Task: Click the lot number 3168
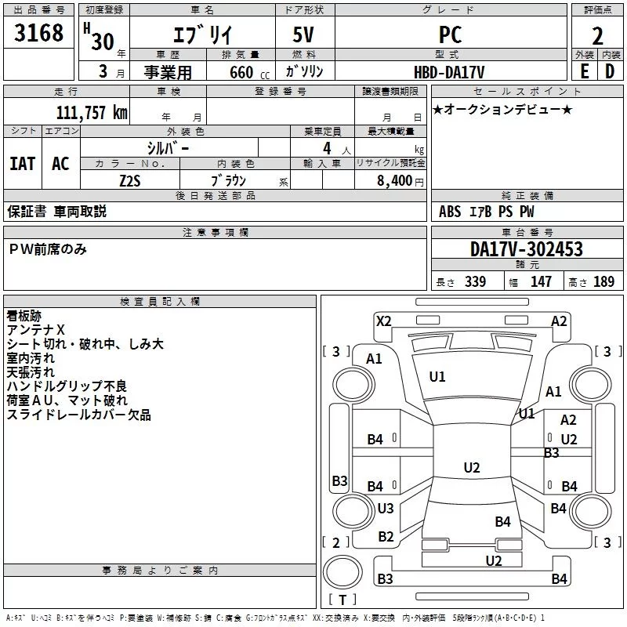(39, 34)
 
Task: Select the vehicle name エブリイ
(200, 35)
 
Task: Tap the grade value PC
(450, 34)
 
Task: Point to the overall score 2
(597, 36)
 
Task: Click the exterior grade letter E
(584, 71)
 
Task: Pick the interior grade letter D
(610, 71)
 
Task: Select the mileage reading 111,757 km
(91, 112)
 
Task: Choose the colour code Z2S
(130, 179)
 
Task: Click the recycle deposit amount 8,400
(395, 180)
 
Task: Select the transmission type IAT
(22, 164)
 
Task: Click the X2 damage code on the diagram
(383, 321)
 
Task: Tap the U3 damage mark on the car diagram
(386, 508)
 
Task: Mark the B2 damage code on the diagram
(386, 536)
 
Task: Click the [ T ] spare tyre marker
(342, 600)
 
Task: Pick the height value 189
(603, 282)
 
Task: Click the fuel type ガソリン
(305, 71)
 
